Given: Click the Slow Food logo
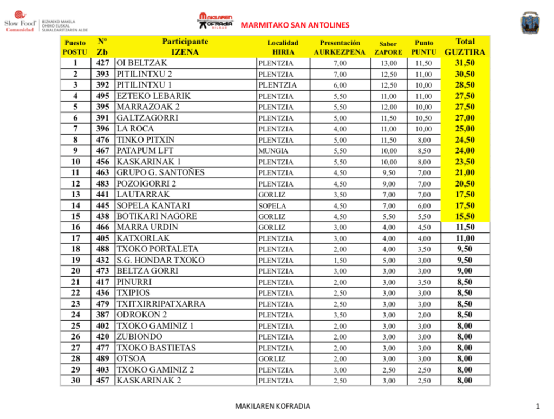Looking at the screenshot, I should pos(21,22).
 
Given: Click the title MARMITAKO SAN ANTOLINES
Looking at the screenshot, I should pos(295,25).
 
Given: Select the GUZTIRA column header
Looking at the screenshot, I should pos(465,52).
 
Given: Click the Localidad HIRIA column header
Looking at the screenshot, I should pos(283,48).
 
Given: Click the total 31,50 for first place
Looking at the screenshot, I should pos(465,63).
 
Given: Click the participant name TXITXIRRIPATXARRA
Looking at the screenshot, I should pos(161,304).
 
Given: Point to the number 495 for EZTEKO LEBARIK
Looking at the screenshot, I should pos(103,96).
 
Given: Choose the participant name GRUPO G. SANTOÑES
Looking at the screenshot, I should pos(160,173).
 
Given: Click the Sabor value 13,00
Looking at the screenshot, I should pos(388,63).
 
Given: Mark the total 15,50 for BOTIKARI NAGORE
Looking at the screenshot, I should pos(465,216).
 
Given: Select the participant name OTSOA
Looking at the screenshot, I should pos(131,358).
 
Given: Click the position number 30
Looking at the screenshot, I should pos(75,381).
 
